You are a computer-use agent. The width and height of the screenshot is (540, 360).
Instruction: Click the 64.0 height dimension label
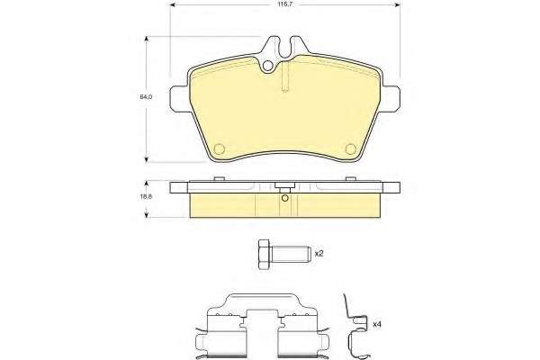(146, 97)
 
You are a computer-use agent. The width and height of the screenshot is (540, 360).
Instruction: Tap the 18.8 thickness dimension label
(146, 197)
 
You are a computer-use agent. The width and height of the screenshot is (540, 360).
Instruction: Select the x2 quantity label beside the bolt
(319, 254)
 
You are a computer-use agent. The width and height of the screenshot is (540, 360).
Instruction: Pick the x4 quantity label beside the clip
(377, 324)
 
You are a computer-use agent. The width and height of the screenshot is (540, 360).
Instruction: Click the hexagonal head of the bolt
(264, 255)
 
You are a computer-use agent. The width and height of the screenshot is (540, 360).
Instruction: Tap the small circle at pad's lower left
(220, 148)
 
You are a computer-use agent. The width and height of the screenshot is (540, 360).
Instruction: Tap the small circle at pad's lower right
(351, 148)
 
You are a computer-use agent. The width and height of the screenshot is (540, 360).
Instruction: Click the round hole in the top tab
(267, 66)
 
